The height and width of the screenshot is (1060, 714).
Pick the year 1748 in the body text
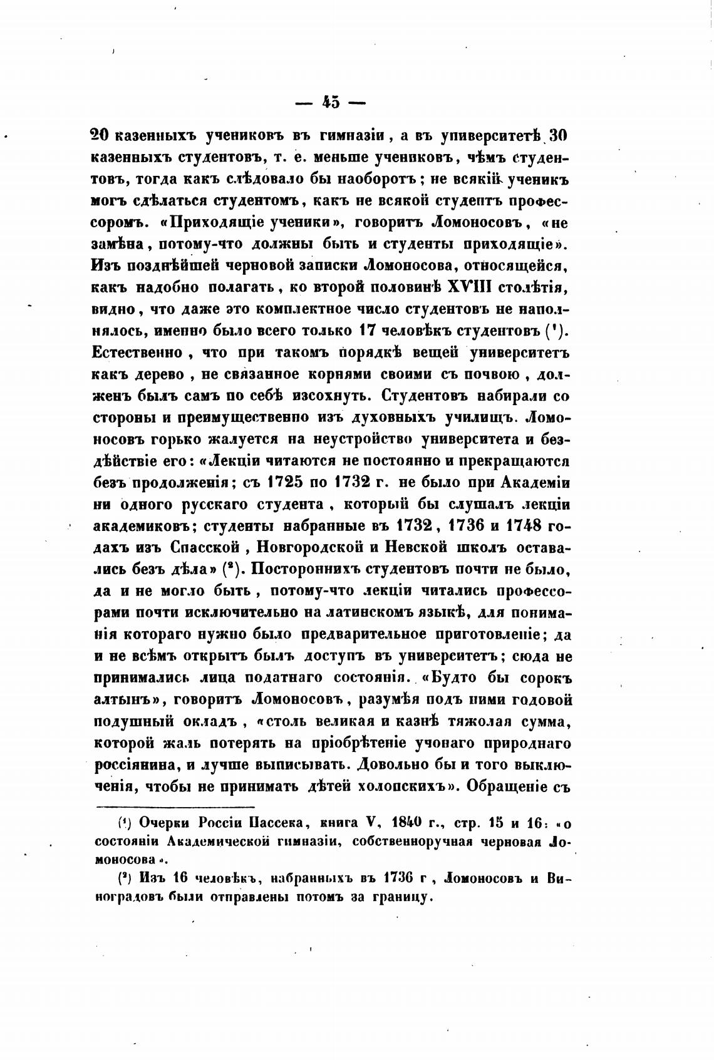tap(515, 525)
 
